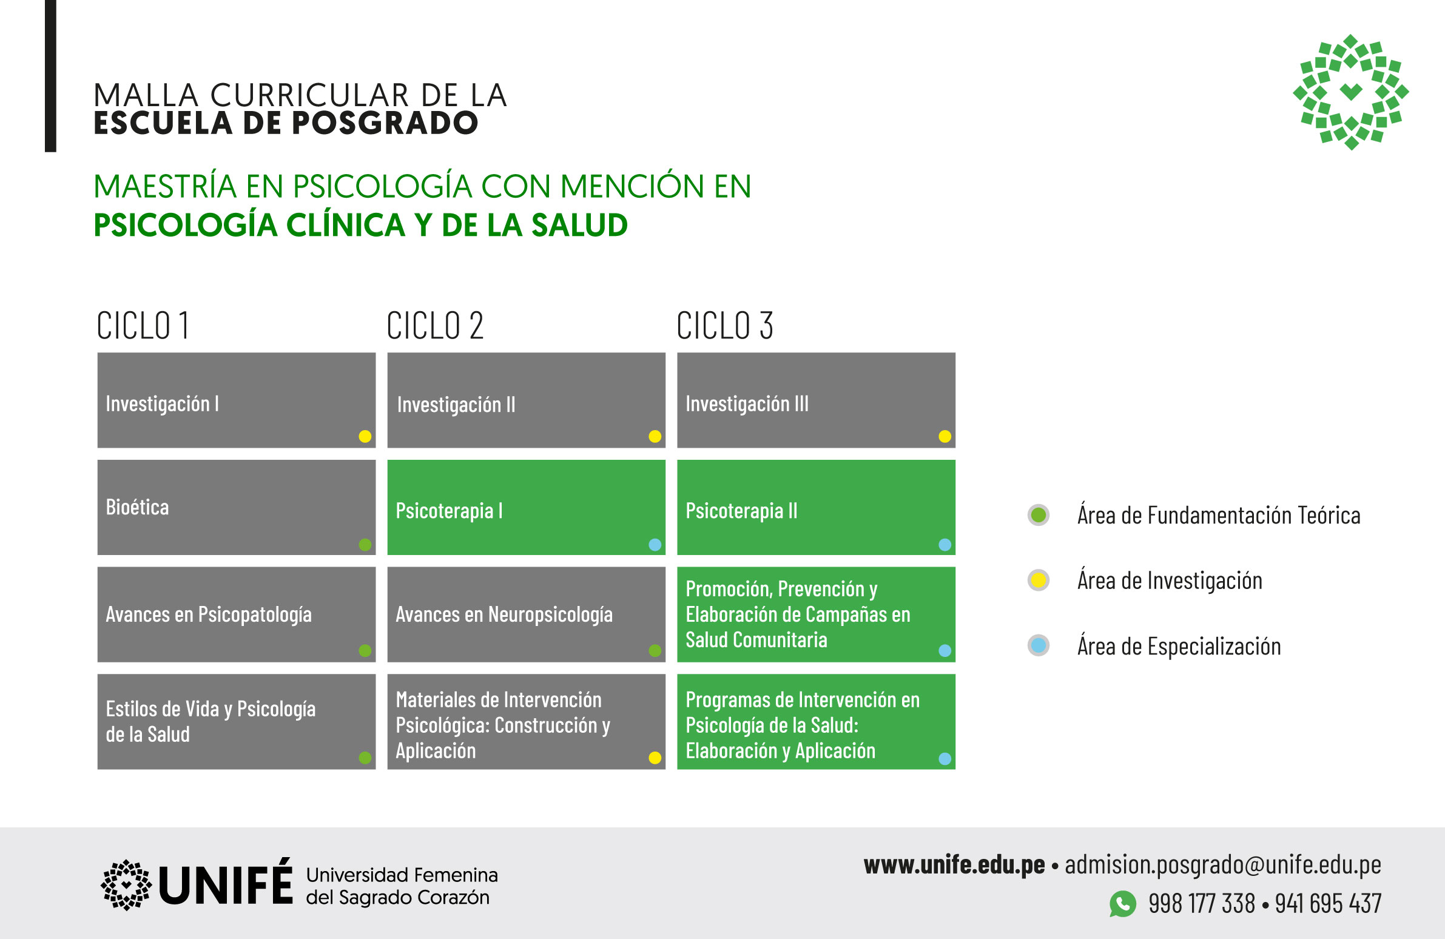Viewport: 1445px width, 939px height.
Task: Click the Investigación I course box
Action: pos(236,400)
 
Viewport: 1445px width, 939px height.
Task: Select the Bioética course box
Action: pos(236,508)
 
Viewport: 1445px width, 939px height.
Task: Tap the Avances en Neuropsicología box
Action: pos(527,614)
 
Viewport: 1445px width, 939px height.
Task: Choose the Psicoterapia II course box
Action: pos(816,508)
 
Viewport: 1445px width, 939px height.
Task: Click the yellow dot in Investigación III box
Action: pos(945,436)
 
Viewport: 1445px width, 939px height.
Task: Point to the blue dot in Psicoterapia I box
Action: pos(655,545)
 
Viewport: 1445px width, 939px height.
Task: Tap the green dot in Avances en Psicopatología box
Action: pos(365,651)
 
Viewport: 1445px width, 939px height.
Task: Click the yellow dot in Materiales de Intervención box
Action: pos(655,758)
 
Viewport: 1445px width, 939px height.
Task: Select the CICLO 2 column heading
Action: pos(435,326)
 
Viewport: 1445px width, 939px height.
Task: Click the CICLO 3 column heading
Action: pos(725,326)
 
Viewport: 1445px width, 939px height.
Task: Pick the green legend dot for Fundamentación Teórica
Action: pos(1039,515)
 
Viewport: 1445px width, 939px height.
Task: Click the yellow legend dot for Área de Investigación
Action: pos(1039,581)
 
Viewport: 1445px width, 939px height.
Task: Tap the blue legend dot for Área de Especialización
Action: pos(1039,645)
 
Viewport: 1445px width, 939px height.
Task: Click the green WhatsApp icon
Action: pos(1123,904)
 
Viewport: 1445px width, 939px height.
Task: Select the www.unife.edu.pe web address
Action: pos(954,865)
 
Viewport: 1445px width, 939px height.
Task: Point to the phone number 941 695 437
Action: pos(1329,904)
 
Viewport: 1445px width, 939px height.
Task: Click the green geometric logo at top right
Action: pos(1351,92)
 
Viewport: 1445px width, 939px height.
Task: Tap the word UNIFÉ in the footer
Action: pos(225,883)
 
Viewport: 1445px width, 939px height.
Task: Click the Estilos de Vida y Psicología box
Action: pos(236,722)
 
